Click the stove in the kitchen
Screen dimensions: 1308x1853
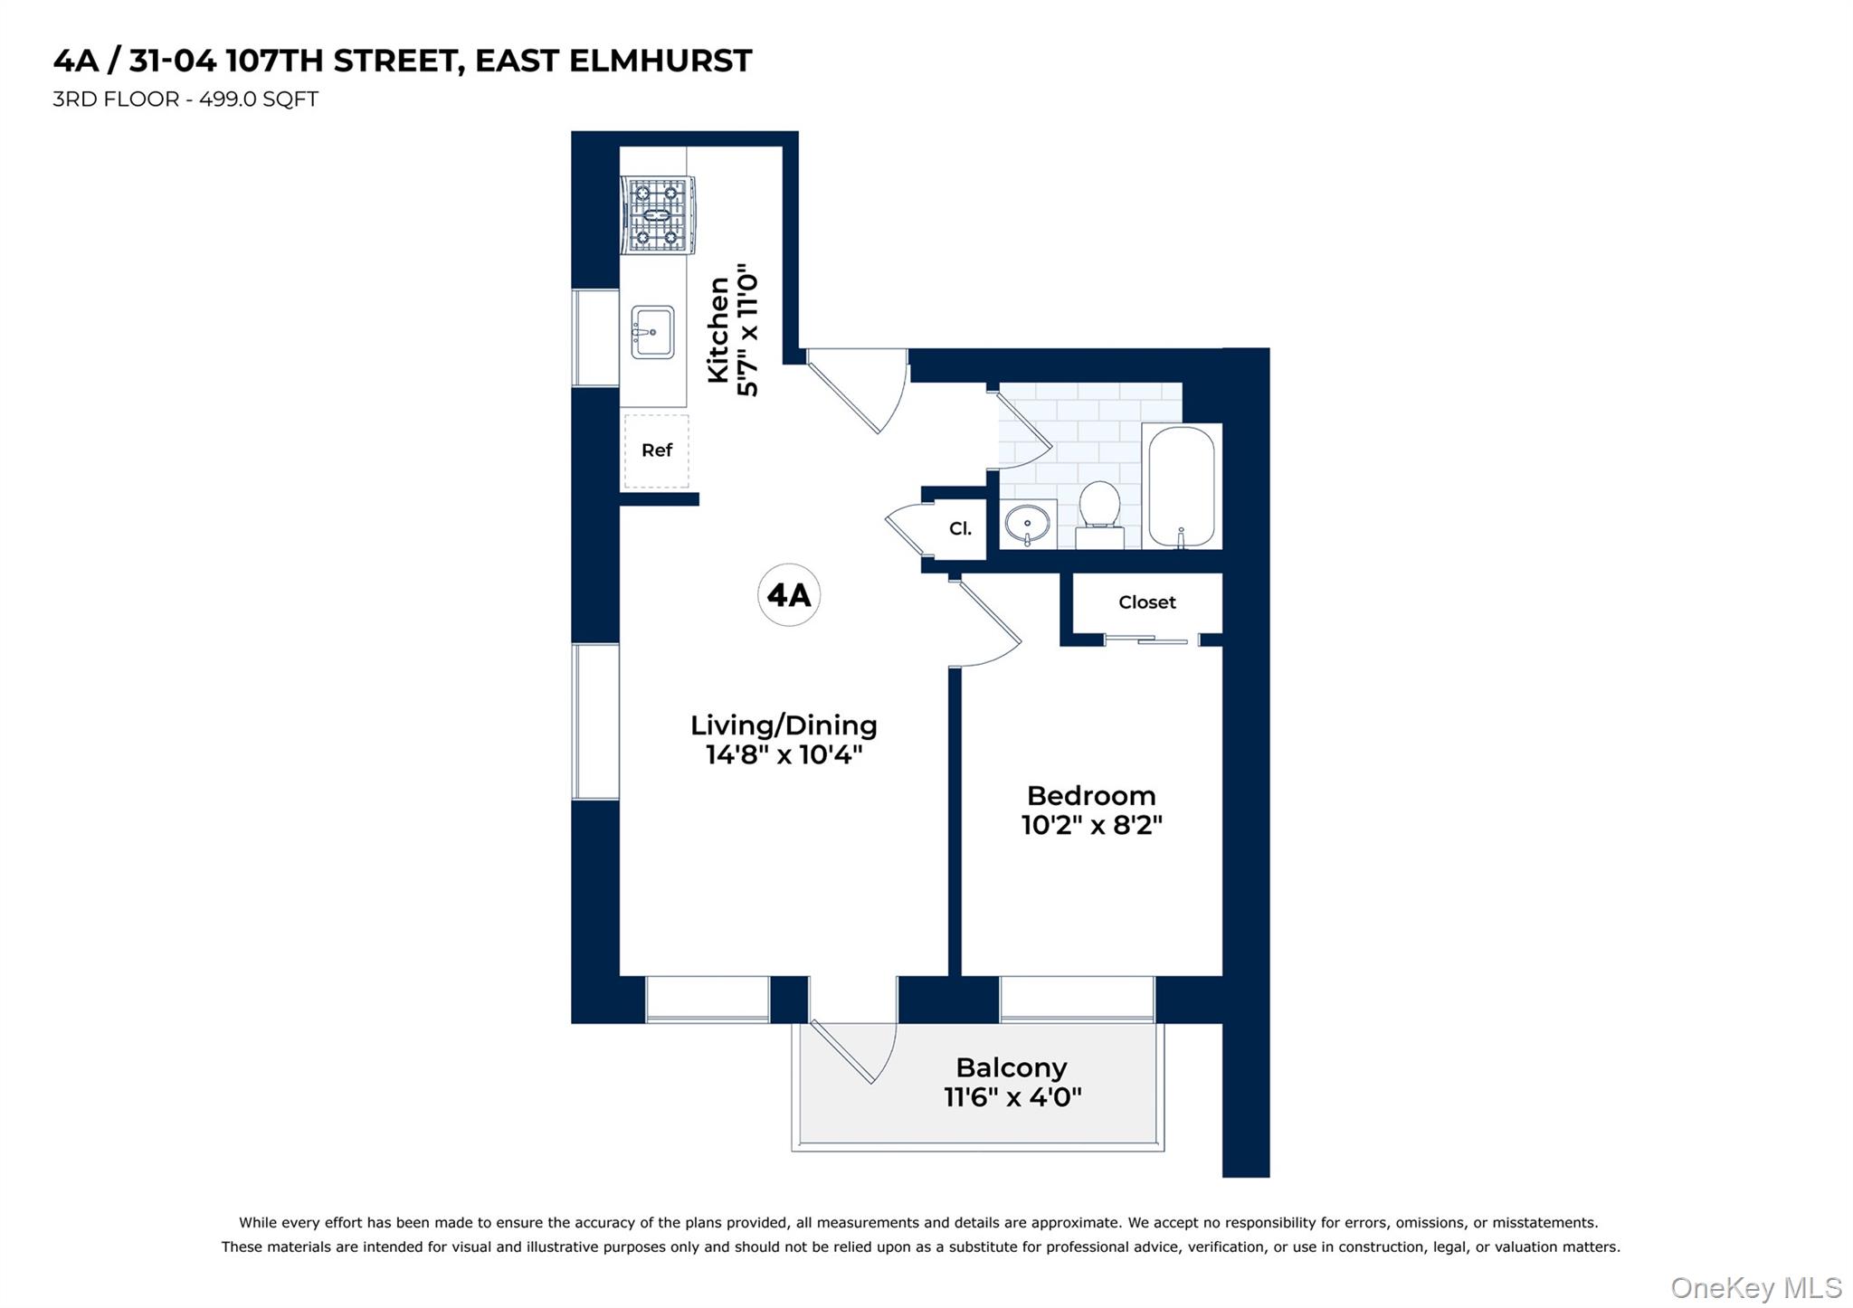[x=658, y=216]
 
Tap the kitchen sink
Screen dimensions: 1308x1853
[x=652, y=332]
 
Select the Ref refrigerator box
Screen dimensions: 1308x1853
[x=657, y=450]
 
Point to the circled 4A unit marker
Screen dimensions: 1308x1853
[x=788, y=595]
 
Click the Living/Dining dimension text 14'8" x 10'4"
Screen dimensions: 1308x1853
[x=784, y=754]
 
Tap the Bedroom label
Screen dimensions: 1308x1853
[x=1091, y=796]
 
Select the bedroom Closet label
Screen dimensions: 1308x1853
[x=1146, y=602]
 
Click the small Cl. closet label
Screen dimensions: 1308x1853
[x=960, y=528]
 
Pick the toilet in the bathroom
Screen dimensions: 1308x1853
[x=1099, y=512]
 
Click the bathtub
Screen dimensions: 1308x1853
[x=1181, y=487]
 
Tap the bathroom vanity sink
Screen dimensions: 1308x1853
[x=1028, y=524]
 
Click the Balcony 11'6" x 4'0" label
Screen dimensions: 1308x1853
[x=1012, y=1082]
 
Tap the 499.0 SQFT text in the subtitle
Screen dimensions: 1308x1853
[x=259, y=100]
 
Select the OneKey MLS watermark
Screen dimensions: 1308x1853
[x=1755, y=1287]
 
